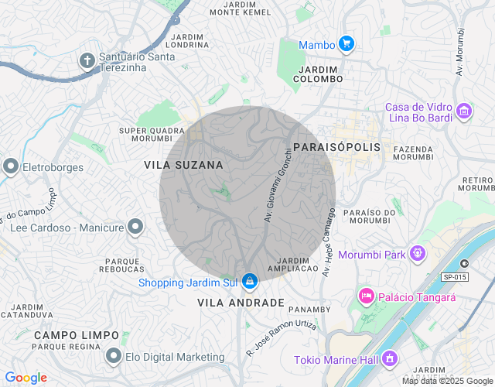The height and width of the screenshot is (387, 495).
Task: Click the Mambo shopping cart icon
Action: [346, 44]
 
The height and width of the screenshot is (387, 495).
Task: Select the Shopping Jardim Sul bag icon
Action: [249, 282]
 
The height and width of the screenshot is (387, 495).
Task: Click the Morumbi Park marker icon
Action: [418, 253]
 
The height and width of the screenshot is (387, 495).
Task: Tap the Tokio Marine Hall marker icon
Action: [389, 359]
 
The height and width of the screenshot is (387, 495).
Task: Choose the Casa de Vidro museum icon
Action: [464, 112]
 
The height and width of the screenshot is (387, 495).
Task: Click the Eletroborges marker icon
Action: [11, 165]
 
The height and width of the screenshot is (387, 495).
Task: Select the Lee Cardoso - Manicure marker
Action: [135, 228]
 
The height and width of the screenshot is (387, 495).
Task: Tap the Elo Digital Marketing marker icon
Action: [114, 357]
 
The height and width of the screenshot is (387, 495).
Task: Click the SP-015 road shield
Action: [456, 276]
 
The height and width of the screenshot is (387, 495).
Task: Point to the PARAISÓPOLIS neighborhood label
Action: [338, 147]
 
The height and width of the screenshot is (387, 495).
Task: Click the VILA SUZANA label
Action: [183, 165]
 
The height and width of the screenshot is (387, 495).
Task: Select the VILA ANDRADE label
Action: [241, 303]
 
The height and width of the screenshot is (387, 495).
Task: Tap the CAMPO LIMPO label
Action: [77, 335]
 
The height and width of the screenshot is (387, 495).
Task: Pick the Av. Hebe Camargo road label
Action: [329, 241]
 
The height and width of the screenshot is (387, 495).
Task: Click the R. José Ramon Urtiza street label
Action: [282, 337]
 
